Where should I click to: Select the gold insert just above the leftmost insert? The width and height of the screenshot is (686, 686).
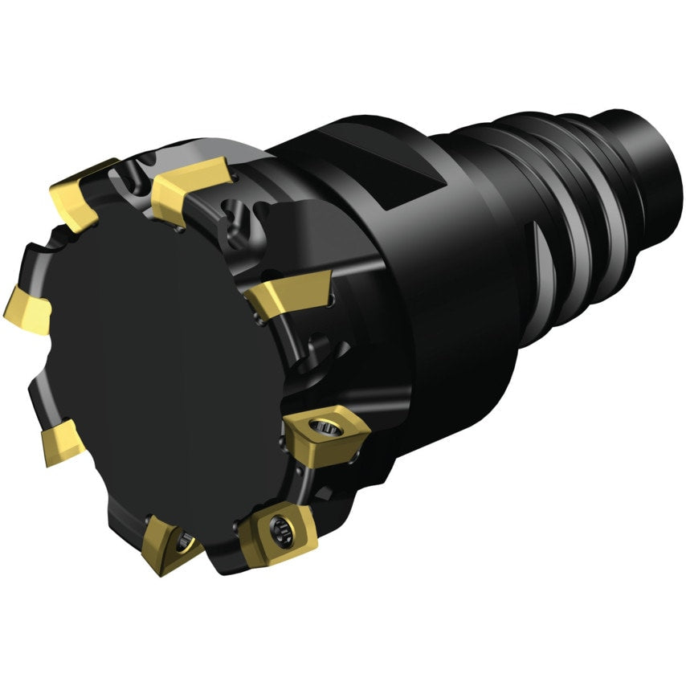click(76, 192)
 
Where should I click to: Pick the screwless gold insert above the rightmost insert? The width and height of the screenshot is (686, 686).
click(289, 292)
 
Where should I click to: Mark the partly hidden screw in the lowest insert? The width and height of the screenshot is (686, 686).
click(186, 541)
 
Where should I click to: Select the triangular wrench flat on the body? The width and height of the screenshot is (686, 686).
click(418, 173)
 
